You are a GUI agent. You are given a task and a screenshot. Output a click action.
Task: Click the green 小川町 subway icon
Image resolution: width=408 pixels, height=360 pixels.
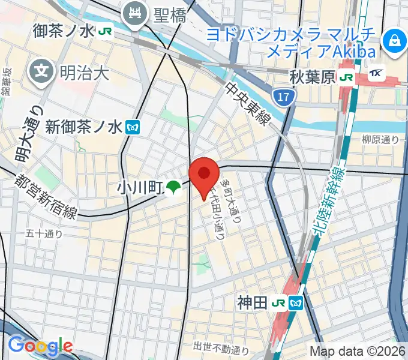click(173, 188)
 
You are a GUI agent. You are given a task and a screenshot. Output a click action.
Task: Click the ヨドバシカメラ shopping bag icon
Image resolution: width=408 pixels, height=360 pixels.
click(395, 41)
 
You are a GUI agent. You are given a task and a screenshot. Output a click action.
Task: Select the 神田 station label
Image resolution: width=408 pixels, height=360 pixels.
click(251, 302)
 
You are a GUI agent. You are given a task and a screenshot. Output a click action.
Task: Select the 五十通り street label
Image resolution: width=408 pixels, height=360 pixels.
click(44, 234)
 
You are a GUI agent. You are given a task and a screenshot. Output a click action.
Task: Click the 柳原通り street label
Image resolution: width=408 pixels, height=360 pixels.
click(380, 139)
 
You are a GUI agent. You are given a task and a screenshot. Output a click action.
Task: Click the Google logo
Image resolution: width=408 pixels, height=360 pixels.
click(40, 346)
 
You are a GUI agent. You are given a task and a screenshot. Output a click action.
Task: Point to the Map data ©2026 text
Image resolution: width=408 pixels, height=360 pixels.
click(358, 350)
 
